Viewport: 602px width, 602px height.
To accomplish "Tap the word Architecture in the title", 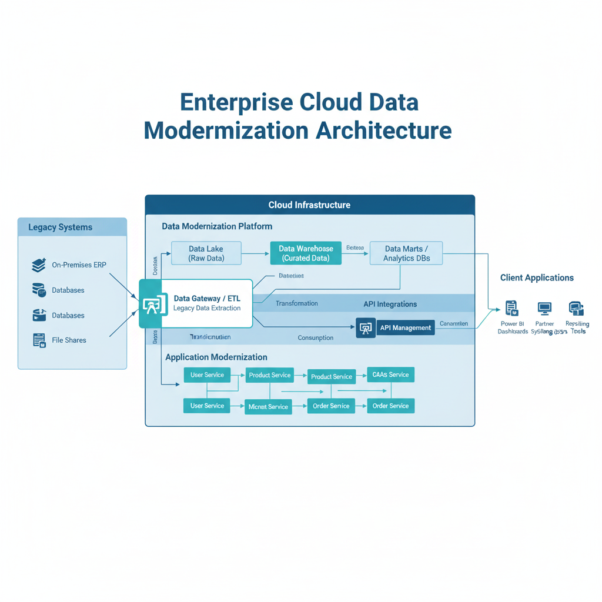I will [383, 130].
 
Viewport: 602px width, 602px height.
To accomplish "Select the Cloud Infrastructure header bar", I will [309, 205].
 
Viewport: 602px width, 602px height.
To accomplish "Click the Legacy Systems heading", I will [60, 228].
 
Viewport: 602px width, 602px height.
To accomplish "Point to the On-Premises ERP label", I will [79, 265].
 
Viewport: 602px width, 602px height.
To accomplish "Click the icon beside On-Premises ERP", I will [39, 265].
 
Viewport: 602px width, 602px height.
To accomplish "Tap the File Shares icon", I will [39, 340].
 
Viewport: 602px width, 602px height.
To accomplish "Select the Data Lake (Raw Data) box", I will [206, 253].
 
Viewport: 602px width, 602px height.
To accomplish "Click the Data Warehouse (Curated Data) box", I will [306, 253].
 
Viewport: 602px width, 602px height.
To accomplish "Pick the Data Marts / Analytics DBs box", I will [406, 253].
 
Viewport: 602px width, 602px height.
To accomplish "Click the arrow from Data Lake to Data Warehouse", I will [256, 253].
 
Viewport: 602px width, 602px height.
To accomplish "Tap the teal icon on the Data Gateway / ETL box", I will [150, 304].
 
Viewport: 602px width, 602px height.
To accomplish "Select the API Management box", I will [405, 327].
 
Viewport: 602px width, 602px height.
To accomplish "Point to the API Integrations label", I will [390, 304].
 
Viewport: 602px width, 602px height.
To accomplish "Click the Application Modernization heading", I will [216, 357].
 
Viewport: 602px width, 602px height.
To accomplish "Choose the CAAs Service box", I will [390, 375].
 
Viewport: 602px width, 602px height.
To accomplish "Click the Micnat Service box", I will [268, 406].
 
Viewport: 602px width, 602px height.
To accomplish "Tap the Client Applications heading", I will [537, 277].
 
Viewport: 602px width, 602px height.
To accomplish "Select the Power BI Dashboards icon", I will [511, 308].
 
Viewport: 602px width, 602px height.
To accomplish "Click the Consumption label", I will [315, 338].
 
